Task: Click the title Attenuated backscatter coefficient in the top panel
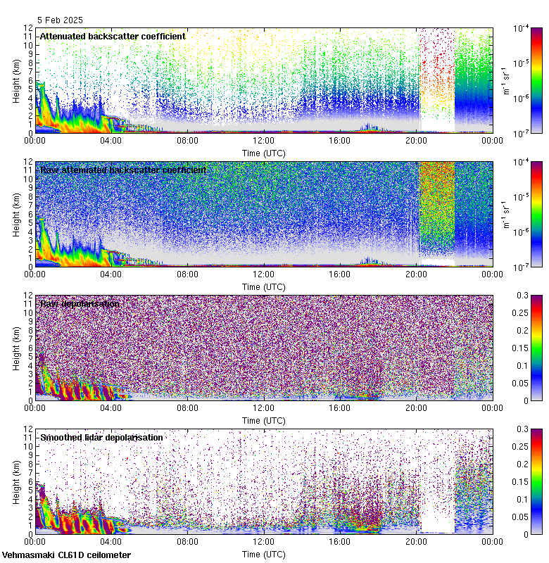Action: click(x=113, y=36)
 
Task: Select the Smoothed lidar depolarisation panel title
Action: click(x=101, y=437)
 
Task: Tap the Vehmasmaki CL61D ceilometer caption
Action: click(x=66, y=555)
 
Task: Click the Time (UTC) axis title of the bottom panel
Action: click(x=263, y=555)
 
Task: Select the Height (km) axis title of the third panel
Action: click(x=16, y=348)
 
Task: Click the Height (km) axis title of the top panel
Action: click(x=16, y=80)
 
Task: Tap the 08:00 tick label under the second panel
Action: click(x=187, y=274)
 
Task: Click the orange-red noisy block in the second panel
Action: click(x=436, y=204)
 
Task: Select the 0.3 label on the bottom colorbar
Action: click(x=522, y=429)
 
